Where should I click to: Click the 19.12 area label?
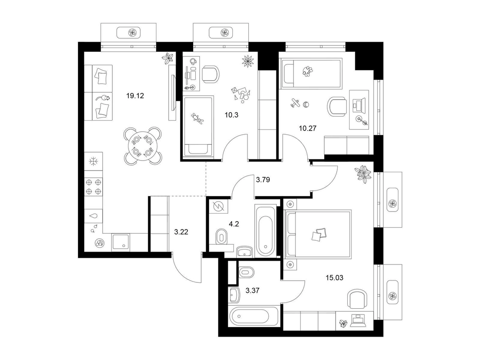click(135, 96)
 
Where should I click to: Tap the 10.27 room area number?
click(308, 128)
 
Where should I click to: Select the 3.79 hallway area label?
click(263, 180)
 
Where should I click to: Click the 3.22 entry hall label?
click(181, 232)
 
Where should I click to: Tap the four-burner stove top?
click(93, 187)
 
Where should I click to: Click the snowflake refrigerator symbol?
click(93, 162)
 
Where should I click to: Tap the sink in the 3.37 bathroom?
click(234, 295)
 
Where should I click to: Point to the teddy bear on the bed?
click(198, 118)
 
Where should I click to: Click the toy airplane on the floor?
click(295, 103)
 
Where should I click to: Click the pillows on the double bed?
click(318, 235)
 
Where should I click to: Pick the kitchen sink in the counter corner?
click(121, 242)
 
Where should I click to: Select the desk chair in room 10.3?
click(211, 74)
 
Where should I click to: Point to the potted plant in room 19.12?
click(169, 58)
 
